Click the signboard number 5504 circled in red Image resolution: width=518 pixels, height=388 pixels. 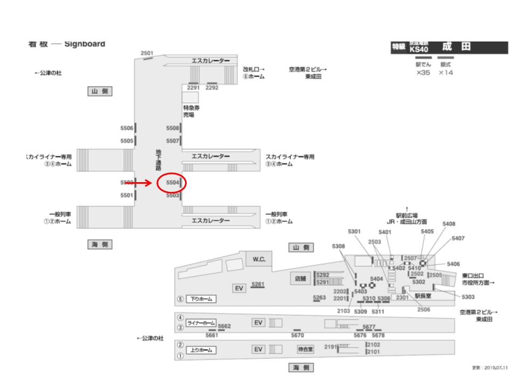tap(172, 183)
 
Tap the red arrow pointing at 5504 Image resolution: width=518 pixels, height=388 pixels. tap(141, 183)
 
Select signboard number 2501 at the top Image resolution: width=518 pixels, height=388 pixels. tap(147, 53)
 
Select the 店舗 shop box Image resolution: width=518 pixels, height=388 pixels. tap(300, 279)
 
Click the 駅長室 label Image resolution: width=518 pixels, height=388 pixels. tap(423, 295)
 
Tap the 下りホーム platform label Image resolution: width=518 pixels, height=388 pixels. tap(201, 299)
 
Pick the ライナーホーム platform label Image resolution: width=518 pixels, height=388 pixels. tap(201, 323)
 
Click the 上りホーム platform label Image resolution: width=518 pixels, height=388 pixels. tap(201, 350)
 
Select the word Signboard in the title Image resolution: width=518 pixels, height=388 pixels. tap(85, 44)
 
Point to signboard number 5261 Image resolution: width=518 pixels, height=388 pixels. tap(258, 284)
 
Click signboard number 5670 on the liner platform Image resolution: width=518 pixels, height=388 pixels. tap(297, 335)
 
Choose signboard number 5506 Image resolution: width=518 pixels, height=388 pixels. tap(127, 128)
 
